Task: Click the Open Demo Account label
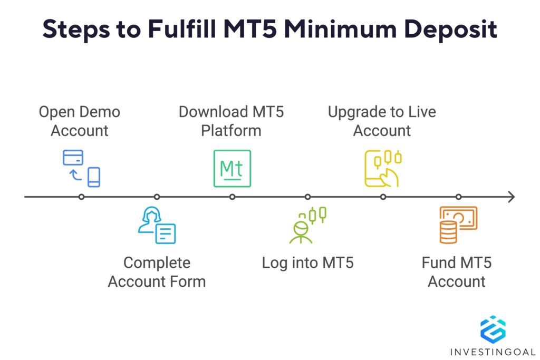[80, 121]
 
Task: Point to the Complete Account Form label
[157, 272]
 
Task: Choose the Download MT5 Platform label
[231, 121]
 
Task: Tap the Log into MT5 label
[307, 262]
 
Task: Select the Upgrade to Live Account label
[382, 121]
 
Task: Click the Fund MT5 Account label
[457, 272]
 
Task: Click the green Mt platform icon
[232, 169]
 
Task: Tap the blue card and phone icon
[81, 168]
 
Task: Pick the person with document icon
[157, 225]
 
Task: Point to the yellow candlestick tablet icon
[383, 169]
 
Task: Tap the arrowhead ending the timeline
[510, 197]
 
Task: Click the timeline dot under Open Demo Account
[81, 197]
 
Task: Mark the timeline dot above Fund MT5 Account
[458, 197]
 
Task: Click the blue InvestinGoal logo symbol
[493, 329]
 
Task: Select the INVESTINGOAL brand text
[493, 352]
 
